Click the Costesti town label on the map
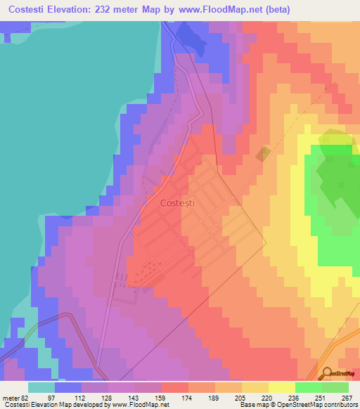click(177, 203)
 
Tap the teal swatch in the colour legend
click(41, 388)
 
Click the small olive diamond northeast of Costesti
click(263, 155)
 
